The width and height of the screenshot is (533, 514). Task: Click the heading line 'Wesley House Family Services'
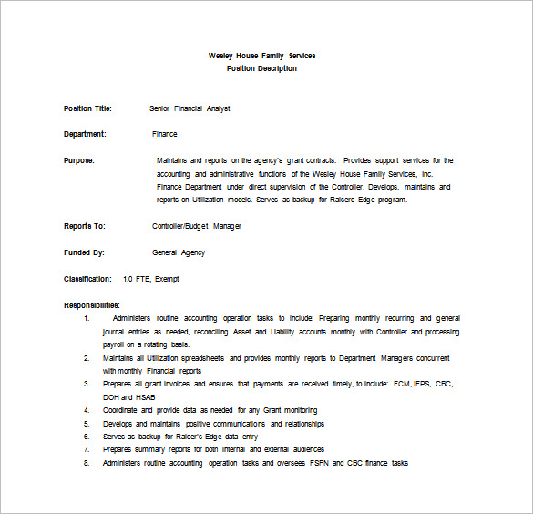click(261, 57)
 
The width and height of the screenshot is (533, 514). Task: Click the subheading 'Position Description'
click(261, 68)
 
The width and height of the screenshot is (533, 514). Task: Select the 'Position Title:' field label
click(87, 108)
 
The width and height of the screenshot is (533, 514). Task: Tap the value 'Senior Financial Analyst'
click(190, 108)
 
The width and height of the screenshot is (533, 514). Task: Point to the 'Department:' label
click(85, 134)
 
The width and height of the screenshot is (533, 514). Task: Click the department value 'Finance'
click(165, 134)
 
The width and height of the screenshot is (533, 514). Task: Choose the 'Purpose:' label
click(79, 160)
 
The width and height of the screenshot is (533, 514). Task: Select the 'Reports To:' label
click(85, 226)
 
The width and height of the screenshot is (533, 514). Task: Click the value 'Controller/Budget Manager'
click(197, 226)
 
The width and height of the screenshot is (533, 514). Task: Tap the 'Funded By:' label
click(84, 252)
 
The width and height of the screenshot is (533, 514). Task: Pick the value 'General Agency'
click(179, 252)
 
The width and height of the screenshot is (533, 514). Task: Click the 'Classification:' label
click(87, 279)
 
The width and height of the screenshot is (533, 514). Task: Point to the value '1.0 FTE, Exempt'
click(150, 279)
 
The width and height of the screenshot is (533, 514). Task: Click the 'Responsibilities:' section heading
click(92, 305)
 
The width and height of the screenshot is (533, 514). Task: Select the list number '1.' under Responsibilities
click(87, 319)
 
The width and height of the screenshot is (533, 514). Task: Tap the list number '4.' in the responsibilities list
click(87, 411)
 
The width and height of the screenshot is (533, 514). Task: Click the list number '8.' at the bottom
click(87, 463)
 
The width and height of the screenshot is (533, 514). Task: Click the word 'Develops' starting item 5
click(119, 424)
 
